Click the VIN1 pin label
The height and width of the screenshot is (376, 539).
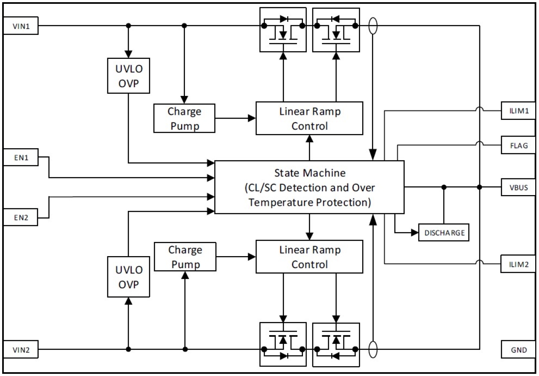[21, 27]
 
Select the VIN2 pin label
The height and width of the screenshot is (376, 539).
[21, 350]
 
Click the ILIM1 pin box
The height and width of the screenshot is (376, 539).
[518, 110]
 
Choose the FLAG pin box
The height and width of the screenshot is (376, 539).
[518, 146]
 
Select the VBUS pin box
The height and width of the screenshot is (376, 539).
[518, 187]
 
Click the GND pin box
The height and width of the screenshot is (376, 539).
[518, 350]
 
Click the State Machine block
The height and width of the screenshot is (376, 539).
[309, 187]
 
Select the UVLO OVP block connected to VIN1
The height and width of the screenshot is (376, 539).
[128, 75]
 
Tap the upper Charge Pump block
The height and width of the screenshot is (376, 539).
[185, 118]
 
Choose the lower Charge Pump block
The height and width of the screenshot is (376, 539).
[185, 257]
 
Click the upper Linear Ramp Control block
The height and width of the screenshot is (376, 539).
[309, 118]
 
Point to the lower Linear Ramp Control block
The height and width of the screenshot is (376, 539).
[309, 257]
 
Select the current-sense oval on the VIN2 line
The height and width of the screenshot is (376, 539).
[373, 349]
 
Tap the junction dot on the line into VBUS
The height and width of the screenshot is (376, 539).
[444, 187]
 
